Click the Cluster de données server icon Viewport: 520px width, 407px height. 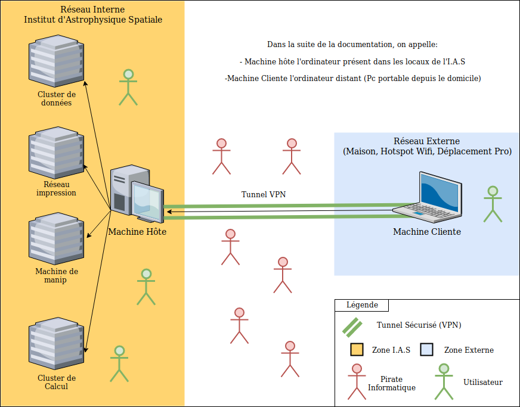pos(55,61)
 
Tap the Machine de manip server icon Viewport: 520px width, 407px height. pos(55,240)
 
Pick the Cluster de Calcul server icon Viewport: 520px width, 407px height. pos(55,344)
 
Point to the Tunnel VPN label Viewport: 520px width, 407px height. pos(263,194)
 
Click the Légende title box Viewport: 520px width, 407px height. pos(361,305)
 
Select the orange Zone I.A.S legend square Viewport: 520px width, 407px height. pos(357,350)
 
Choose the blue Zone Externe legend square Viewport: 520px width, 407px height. pos(426,350)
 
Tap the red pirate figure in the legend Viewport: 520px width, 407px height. pos(357,381)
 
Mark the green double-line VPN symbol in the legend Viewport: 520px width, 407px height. pos(352,327)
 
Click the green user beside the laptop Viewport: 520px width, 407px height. pos(493,204)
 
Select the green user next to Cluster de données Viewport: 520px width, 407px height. pos(128,88)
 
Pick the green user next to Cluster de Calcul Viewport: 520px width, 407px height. pos(119,363)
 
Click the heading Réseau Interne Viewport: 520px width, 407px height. pos(93,10)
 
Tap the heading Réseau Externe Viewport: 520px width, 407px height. pos(427,141)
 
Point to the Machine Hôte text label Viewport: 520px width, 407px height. pos(137,231)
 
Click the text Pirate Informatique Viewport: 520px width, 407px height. pos(391,383)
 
